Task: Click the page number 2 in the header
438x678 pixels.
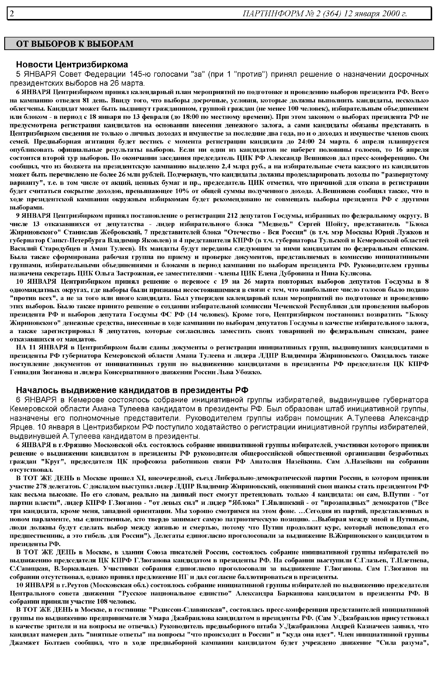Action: (x=12, y=13)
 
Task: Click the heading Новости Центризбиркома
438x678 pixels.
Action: (x=72, y=65)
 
